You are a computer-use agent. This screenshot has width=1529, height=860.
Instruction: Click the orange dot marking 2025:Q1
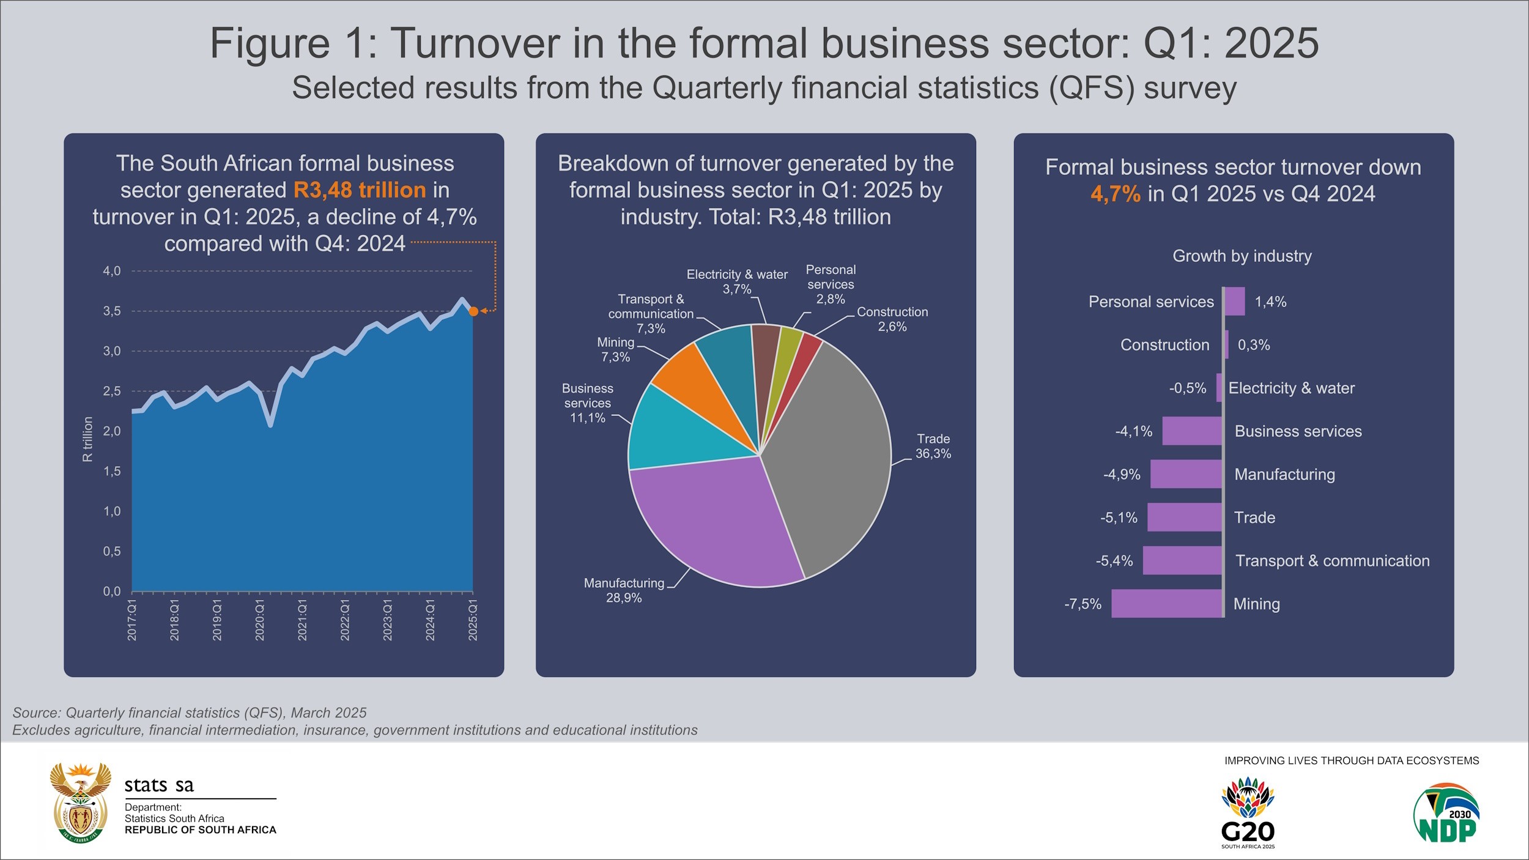pos(473,311)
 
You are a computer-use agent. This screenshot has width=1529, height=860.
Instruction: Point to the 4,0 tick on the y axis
pos(112,271)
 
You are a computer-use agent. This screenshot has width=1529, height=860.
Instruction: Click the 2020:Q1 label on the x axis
pos(260,620)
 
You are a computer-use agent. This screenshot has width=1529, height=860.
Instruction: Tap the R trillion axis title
pos(88,439)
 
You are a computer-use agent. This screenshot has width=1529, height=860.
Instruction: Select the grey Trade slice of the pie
pos(832,453)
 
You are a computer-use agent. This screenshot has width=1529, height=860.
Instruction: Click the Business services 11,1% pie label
pos(587,403)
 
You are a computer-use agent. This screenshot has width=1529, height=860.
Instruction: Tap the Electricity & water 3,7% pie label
pos(737,281)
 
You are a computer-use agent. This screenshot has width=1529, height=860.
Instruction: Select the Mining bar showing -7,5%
pos(1166,604)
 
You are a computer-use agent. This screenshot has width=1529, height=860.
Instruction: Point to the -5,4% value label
pos(1114,561)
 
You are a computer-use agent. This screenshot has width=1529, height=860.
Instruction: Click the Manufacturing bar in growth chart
pos(1186,474)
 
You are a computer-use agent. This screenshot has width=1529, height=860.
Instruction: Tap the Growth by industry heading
pos(1242,256)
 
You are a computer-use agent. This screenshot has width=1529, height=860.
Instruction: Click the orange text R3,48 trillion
pos(360,190)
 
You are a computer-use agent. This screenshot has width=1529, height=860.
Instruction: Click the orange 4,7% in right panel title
pos(1115,194)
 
